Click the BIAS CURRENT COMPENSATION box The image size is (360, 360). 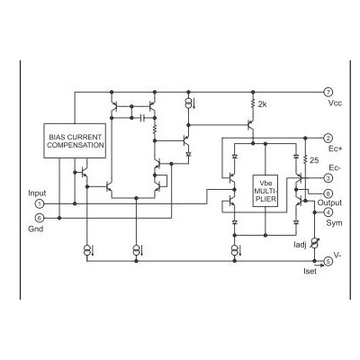click(75, 140)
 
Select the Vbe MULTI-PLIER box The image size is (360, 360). click(265, 191)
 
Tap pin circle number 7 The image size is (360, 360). click(328, 92)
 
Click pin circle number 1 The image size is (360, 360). click(40, 204)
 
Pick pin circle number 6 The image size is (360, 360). click(40, 218)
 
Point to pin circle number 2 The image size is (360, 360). click(328, 139)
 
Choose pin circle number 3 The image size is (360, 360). click(328, 178)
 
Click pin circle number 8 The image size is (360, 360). click(328, 193)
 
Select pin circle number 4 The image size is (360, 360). click(328, 212)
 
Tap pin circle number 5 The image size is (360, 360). click(328, 261)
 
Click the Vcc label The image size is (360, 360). click(335, 103)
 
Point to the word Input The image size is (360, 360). click(37, 193)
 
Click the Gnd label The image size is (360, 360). click(36, 229)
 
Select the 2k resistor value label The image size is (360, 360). click(262, 104)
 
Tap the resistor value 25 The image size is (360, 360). click(314, 160)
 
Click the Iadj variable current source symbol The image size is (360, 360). click(314, 243)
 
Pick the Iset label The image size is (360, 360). click(310, 271)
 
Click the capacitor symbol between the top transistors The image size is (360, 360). click(143, 118)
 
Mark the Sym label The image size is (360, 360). click(334, 223)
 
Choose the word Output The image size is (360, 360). click(329, 202)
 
